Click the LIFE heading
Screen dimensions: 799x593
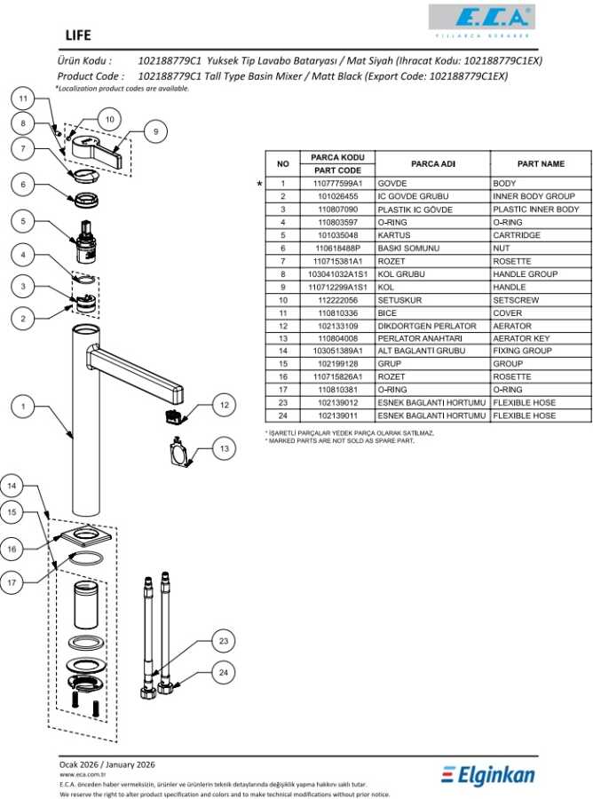[77, 36]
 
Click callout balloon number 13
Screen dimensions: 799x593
[224, 450]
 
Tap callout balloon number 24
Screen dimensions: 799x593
[224, 672]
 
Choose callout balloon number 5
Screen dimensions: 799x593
[24, 222]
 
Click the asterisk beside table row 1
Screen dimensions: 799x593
[259, 183]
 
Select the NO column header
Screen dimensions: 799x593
[283, 164]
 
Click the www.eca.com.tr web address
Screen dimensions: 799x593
[77, 774]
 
